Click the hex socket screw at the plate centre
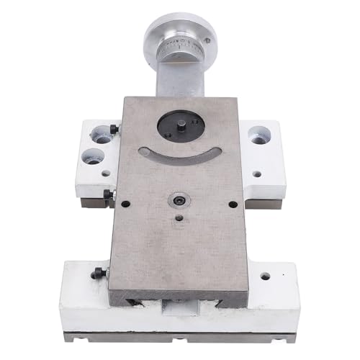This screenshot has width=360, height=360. [177, 198]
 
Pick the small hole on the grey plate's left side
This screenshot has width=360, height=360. [125, 204]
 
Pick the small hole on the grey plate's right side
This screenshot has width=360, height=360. [233, 204]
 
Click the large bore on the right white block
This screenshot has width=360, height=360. [259, 135]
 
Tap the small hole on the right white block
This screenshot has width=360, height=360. [257, 173]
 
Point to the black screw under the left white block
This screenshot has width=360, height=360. [109, 194]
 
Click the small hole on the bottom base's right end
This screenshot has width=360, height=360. [265, 276]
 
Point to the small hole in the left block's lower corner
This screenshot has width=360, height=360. [106, 174]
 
